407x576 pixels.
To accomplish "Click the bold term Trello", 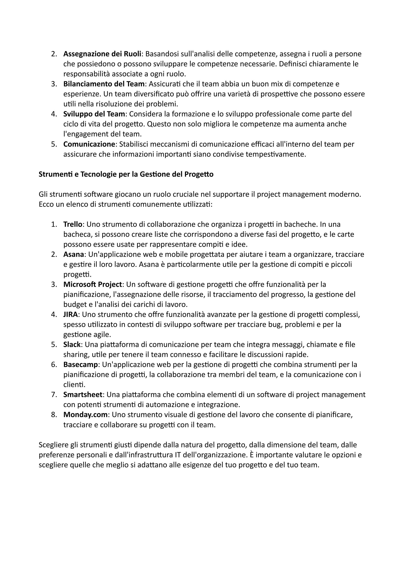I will (x=73, y=224).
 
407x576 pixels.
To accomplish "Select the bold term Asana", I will (x=74, y=254).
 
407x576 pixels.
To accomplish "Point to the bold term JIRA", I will (x=71, y=314).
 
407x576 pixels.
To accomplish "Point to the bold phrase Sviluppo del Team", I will (x=94, y=114).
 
